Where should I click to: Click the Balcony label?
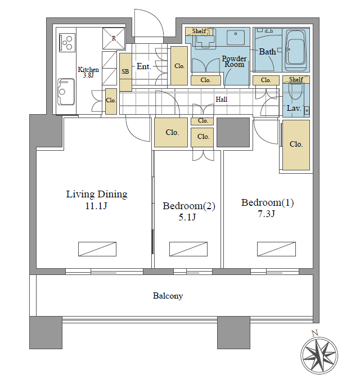tap(168, 296)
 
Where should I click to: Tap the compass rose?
tap(319, 355)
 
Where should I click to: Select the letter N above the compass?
tap(314, 333)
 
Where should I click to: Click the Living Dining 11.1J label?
tap(97, 200)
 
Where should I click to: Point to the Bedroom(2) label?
tap(189, 206)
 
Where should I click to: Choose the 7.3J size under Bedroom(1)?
tap(266, 214)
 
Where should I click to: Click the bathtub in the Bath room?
tap(296, 50)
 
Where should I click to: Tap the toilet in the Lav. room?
tap(295, 91)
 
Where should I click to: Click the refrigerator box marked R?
tap(114, 38)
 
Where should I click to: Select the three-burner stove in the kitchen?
tap(67, 43)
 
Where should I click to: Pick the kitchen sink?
tap(66, 92)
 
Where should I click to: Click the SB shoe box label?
tap(125, 71)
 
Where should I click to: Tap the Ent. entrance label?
tap(143, 66)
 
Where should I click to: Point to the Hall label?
tap(222, 100)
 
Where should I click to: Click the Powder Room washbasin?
tap(236, 38)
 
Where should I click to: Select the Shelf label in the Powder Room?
tap(199, 31)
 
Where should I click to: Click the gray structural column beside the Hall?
tap(233, 133)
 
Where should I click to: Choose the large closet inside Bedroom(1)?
tap(296, 145)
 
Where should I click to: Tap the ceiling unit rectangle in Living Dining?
tap(97, 249)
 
